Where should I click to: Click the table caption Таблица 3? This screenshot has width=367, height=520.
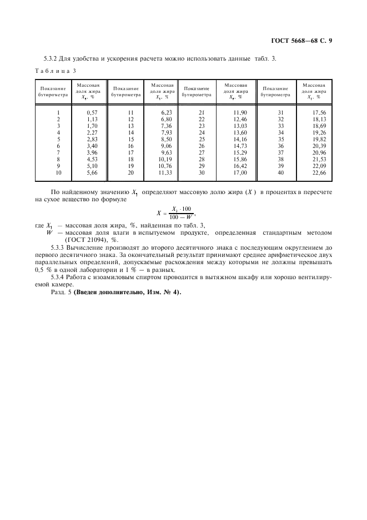pyautogui.click(x=55, y=71)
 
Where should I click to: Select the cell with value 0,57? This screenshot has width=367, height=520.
pyautogui.click(x=92, y=113)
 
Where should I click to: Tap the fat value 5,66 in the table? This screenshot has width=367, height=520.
pyautogui.click(x=92, y=172)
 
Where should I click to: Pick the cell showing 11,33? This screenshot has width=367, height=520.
pyautogui.click(x=165, y=172)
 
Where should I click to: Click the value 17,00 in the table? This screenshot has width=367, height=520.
pyautogui.click(x=239, y=172)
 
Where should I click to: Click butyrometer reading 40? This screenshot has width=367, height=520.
pyautogui.click(x=280, y=172)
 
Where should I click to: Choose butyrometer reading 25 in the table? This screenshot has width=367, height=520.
pyautogui.click(x=202, y=140)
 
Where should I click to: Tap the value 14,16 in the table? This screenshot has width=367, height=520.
pyautogui.click(x=239, y=140)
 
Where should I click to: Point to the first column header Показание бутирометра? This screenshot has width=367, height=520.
pyautogui.click(x=53, y=92)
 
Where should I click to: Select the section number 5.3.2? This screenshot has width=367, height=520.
pyautogui.click(x=52, y=58)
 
